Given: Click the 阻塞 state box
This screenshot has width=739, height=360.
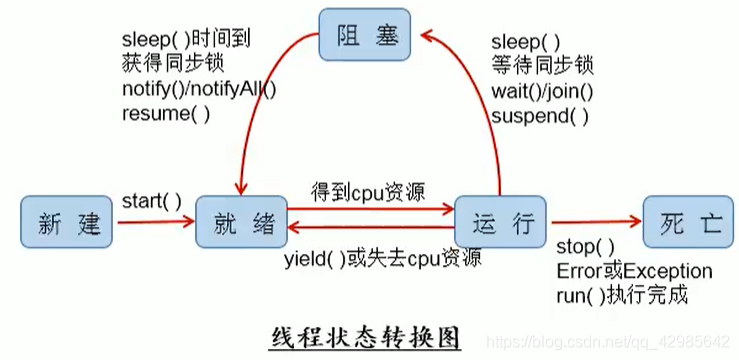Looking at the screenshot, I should click(362, 36).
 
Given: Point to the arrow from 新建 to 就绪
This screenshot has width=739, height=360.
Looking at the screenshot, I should click(151, 223).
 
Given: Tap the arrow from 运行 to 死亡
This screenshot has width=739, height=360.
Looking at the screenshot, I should click(594, 224).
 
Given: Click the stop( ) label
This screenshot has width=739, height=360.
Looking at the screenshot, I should click(585, 247).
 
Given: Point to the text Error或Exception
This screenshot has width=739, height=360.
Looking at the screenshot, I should click(633, 271).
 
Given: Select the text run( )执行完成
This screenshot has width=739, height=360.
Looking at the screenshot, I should click(621, 295).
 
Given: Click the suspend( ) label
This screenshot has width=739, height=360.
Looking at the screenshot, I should click(540, 115).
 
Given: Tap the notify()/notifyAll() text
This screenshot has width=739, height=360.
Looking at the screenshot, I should click(199, 89).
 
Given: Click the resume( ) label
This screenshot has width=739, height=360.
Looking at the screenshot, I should click(166, 113).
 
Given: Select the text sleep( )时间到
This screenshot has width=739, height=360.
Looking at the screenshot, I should click(185, 41).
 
